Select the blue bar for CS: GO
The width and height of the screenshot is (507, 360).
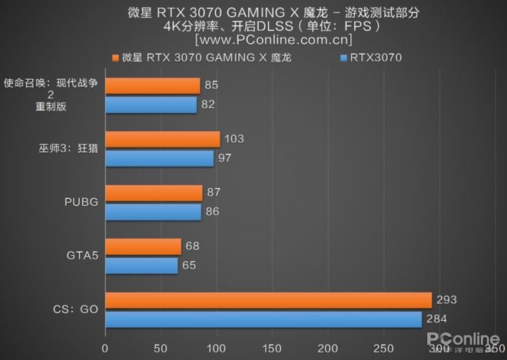pos(263,319)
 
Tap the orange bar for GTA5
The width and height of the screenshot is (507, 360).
pos(144,247)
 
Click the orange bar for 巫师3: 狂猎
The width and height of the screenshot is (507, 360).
pos(163,140)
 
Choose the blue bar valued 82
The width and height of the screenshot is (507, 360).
pos(151,104)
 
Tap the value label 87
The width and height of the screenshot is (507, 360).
pos(217,193)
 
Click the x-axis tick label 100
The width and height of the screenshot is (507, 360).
pos(217,348)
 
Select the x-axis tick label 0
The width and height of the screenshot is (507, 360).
pos(105,348)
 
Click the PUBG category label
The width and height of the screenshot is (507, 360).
pos(81,203)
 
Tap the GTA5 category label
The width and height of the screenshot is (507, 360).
pos(81,256)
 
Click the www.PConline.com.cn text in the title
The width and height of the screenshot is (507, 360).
pos(274,38)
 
